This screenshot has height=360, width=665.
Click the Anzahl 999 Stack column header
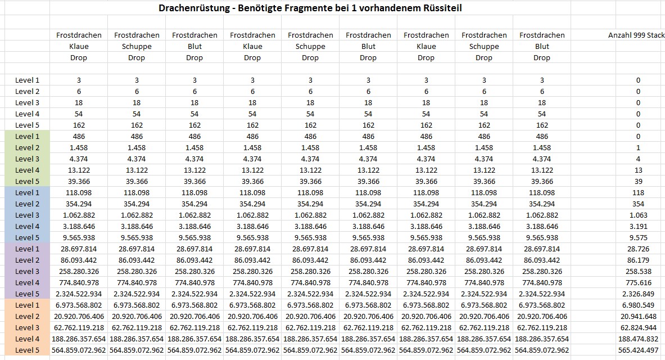click(636, 35)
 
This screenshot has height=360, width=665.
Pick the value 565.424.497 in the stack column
click(638, 350)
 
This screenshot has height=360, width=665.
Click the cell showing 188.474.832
click(638, 339)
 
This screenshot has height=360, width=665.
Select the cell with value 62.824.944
click(638, 327)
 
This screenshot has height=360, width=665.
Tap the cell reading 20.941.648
click(638, 316)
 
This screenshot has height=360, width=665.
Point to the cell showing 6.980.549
click(638, 305)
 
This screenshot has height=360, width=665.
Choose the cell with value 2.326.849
click(638, 294)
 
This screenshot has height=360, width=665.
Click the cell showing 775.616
click(638, 282)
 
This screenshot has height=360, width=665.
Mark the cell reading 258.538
click(638, 271)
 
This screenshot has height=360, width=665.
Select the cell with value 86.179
click(638, 260)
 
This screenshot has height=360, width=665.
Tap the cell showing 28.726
click(638, 249)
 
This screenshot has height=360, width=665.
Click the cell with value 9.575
click(638, 237)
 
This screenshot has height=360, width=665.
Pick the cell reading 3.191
click(638, 226)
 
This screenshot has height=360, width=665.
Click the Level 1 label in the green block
click(27, 136)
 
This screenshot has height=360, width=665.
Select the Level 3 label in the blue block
click(27, 215)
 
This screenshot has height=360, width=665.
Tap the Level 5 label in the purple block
click(27, 294)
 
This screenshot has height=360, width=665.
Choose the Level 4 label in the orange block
click(27, 339)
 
